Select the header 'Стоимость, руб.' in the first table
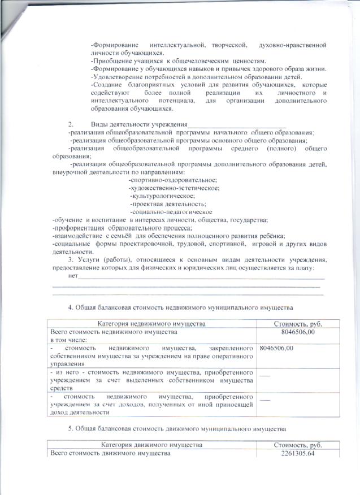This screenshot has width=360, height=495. pyautogui.click(x=298, y=324)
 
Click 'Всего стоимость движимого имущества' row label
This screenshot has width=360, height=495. pyautogui.click(x=110, y=454)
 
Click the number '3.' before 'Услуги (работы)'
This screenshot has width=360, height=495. pyautogui.click(x=71, y=259)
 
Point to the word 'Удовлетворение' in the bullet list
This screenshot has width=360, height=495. pyautogui.click(x=119, y=77)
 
